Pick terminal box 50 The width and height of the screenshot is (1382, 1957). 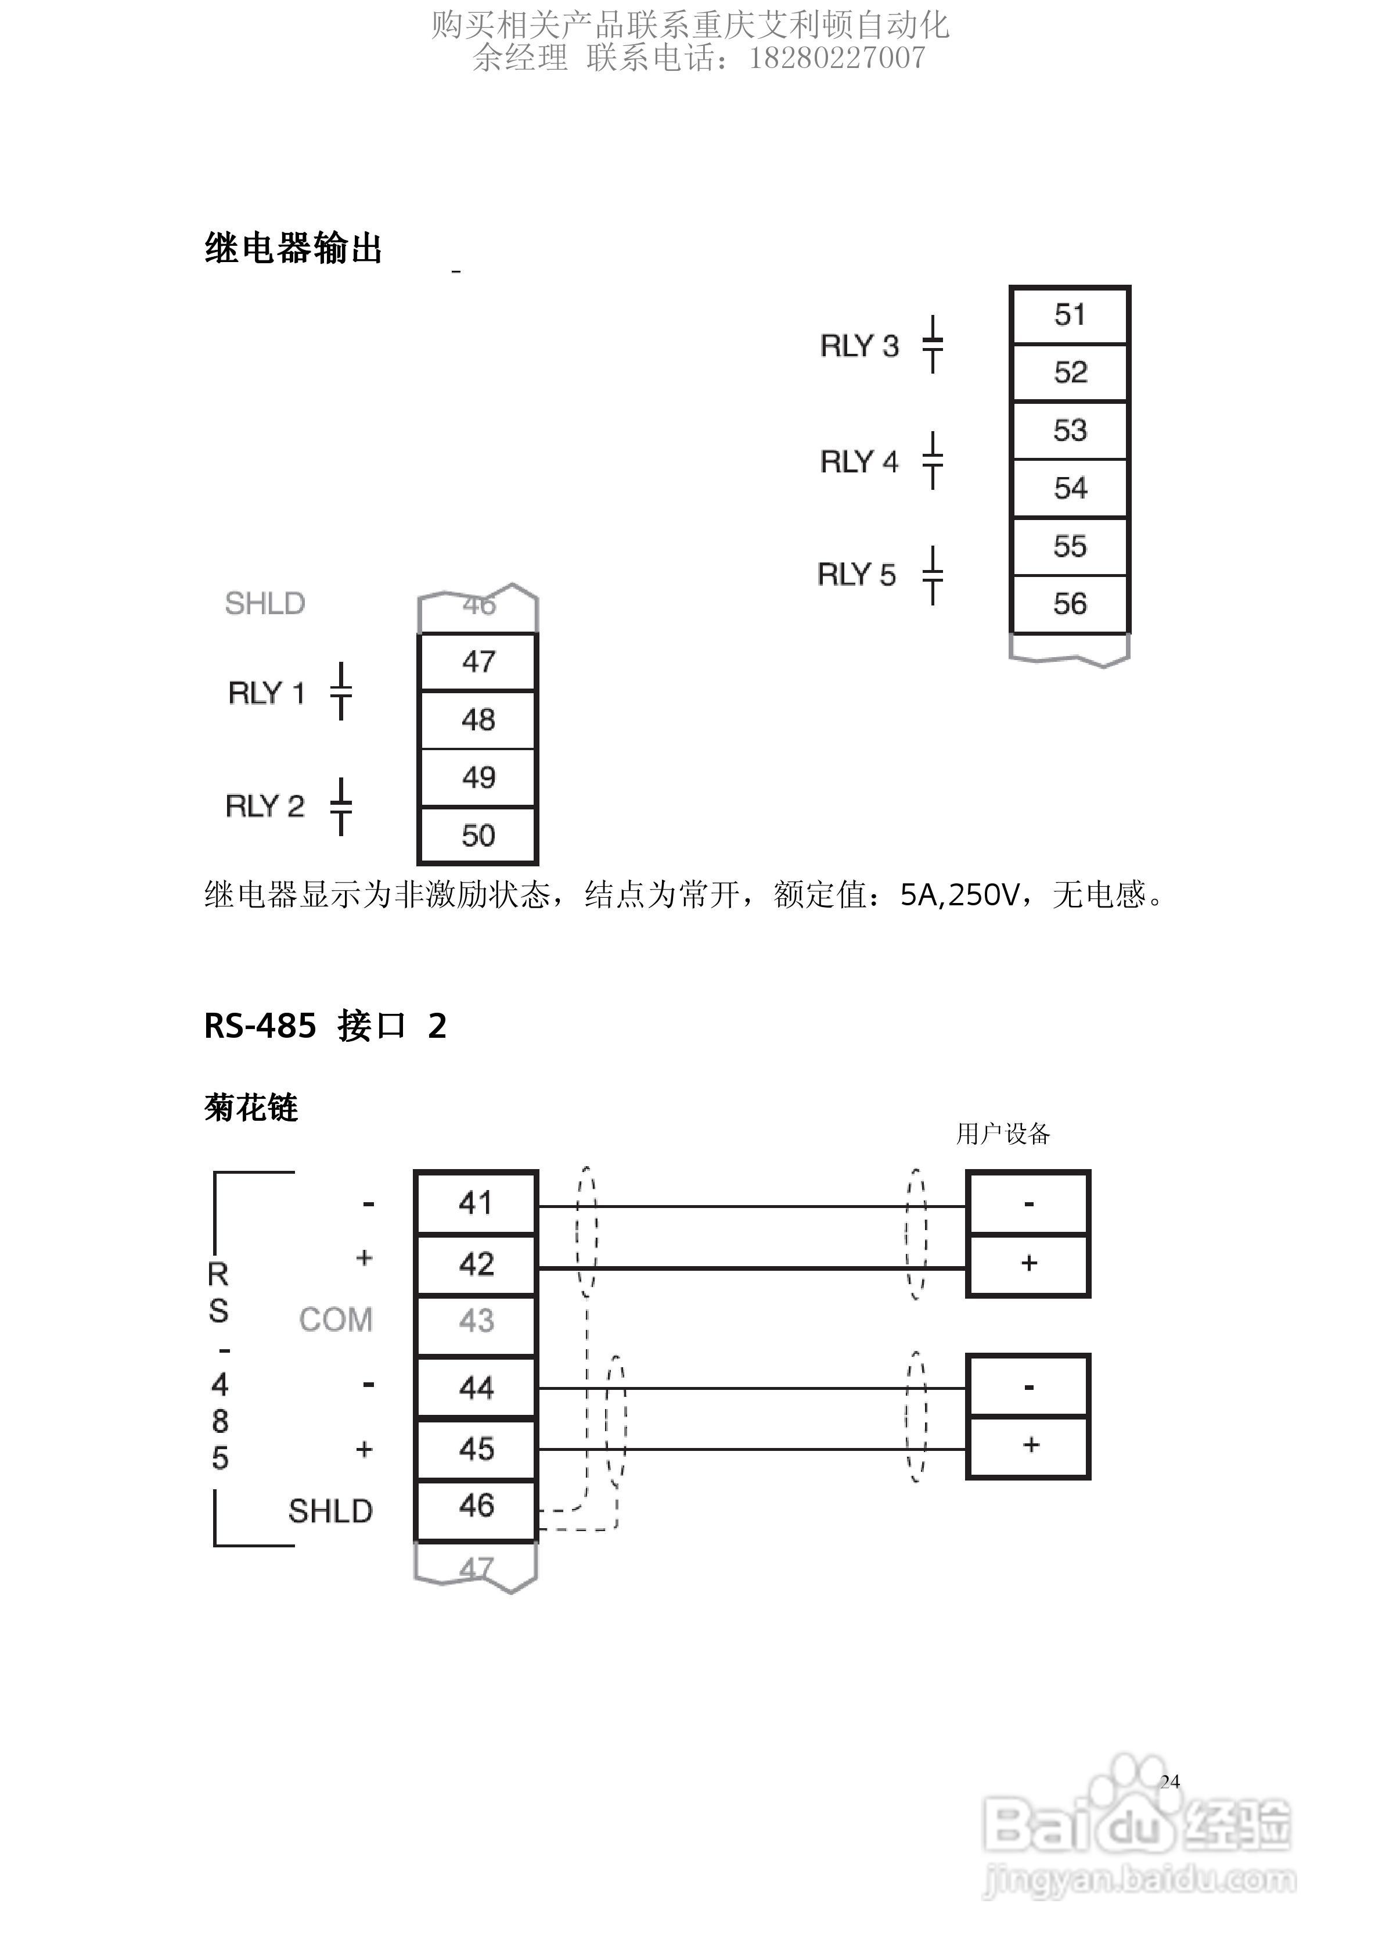(478, 836)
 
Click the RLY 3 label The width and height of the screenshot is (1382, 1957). (859, 346)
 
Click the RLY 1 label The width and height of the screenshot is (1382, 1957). (266, 693)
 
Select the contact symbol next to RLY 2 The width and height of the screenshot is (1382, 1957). (341, 807)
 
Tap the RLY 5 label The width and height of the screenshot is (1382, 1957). (856, 575)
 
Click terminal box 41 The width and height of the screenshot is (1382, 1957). (476, 1203)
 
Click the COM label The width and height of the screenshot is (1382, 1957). (336, 1320)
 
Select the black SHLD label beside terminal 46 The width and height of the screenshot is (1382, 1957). (330, 1511)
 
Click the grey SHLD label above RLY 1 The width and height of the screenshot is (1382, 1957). (265, 604)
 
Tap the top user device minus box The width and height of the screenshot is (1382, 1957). (1028, 1203)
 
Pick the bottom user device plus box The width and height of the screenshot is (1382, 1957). (1028, 1446)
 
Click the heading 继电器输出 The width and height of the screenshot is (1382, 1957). (293, 248)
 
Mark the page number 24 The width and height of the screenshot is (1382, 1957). (1170, 1782)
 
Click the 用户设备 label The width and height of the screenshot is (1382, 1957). (1003, 1134)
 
